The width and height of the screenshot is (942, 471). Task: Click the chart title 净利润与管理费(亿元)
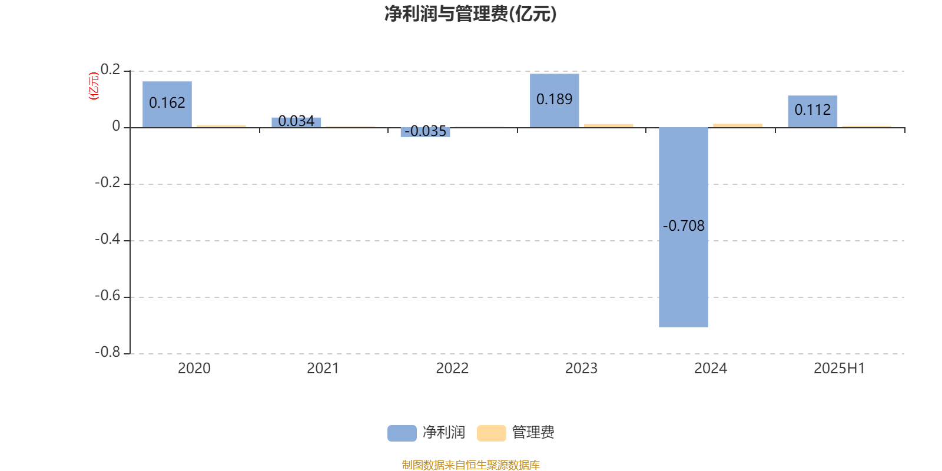470,14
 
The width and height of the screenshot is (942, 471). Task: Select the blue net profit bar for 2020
167,104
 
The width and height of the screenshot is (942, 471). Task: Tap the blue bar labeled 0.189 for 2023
554,101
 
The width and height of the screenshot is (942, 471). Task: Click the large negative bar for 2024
684,227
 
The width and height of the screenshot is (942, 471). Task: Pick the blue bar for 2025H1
812,111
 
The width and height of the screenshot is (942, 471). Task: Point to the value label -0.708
684,226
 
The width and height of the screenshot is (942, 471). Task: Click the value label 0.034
296,121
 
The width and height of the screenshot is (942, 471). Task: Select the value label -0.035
425,131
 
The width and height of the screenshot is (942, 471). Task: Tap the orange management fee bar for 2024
738,125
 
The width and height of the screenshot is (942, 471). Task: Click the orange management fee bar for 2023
609,126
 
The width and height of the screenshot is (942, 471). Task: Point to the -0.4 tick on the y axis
108,239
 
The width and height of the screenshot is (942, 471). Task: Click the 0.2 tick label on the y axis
111,69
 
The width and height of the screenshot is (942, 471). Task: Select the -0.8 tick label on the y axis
108,352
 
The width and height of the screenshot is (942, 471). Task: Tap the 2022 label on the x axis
452,369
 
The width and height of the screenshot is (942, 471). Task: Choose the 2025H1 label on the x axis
840,369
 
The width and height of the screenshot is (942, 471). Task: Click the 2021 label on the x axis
323,369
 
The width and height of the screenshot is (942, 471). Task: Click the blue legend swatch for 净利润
402,433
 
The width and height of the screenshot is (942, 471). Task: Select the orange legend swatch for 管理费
491,433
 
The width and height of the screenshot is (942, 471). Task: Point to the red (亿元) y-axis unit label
94,86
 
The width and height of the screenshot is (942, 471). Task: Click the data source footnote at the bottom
470,465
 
